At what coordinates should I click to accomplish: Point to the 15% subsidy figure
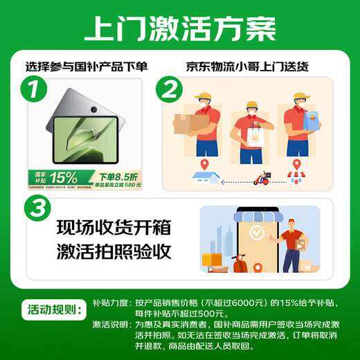[66, 178]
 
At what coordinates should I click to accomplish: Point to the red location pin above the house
[205, 162]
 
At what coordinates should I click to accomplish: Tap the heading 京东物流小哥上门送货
[246, 67]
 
